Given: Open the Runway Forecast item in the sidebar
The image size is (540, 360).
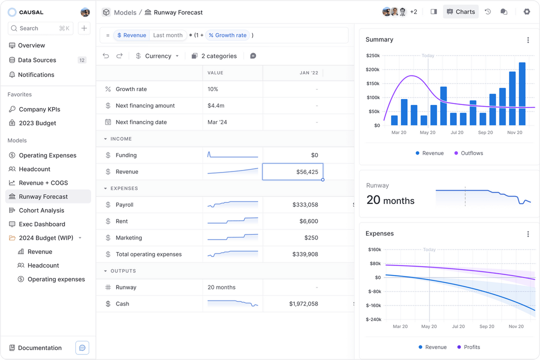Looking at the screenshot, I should (x=43, y=196).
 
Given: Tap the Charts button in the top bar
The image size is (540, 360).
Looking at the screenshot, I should (x=460, y=11).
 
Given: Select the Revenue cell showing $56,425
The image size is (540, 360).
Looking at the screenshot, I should (x=292, y=171).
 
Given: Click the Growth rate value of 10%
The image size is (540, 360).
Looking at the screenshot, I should (x=213, y=89).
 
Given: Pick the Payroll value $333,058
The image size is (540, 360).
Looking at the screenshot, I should (x=305, y=204).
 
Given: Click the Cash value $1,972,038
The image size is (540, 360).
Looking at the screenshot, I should (x=303, y=303).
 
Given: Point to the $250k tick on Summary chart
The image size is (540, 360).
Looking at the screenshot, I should (x=373, y=55).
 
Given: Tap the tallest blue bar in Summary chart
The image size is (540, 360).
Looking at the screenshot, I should (x=522, y=93).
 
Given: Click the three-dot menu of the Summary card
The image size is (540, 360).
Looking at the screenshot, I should (x=528, y=40).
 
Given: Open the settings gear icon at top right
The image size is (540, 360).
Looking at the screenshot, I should (x=526, y=11).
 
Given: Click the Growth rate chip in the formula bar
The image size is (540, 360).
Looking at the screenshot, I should (x=227, y=35).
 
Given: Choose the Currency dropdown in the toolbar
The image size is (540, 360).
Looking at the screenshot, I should (x=157, y=56).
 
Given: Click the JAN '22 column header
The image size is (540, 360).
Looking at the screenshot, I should (x=308, y=73).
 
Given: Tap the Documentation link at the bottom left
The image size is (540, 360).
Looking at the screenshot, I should (x=39, y=348).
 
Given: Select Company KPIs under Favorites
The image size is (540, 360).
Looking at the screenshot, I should (x=39, y=109).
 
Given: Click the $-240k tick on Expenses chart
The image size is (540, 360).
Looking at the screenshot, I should (x=373, y=319).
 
